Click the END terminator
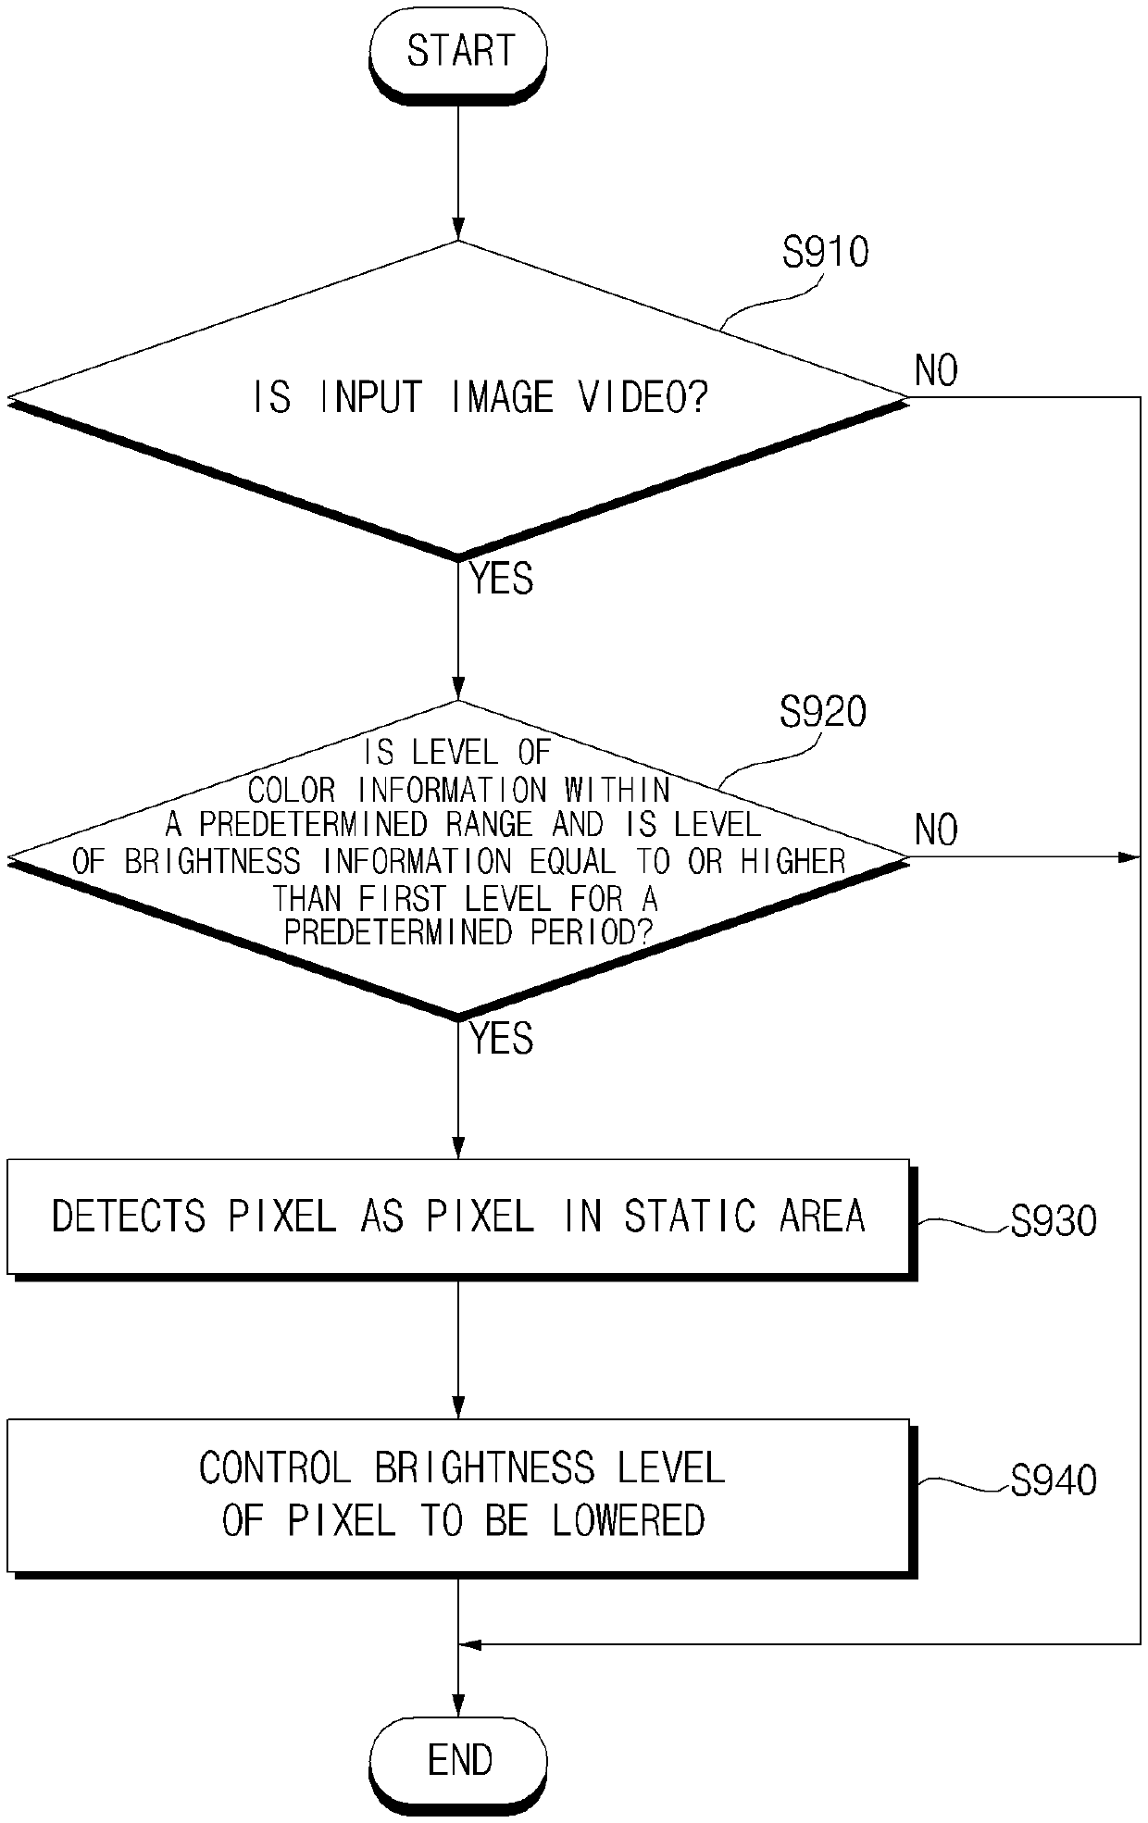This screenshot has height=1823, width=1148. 458,1760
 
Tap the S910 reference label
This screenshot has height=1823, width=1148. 826,252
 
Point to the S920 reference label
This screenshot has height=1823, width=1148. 823,712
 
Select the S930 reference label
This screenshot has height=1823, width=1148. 1054,1222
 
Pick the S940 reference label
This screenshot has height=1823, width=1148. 1054,1480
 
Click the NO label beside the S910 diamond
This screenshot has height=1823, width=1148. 936,371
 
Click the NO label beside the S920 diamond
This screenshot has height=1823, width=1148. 936,830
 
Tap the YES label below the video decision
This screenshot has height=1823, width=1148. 502,580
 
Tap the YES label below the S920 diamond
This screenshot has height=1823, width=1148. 502,1039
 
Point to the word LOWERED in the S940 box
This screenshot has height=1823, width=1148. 629,1520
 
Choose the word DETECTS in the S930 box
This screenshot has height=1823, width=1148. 129,1216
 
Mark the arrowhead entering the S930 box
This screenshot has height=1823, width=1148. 458,1147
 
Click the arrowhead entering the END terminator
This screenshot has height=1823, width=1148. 458,1706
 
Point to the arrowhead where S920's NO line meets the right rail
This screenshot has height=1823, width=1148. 1129,857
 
